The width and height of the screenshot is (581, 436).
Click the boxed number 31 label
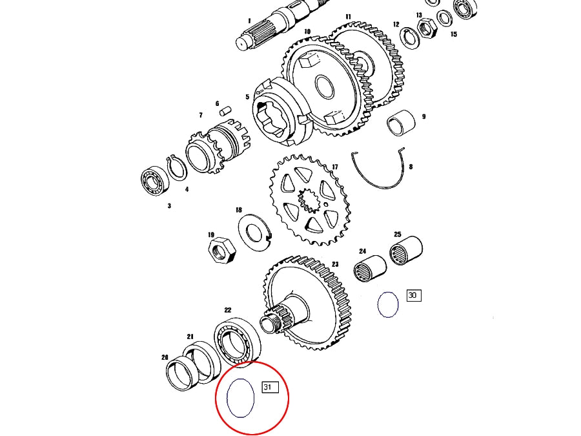click(269, 388)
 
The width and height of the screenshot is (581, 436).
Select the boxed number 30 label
click(413, 296)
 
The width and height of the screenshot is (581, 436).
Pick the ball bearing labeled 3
click(155, 181)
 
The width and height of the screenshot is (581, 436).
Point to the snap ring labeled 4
click(176, 171)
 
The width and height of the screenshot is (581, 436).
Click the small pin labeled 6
click(226, 111)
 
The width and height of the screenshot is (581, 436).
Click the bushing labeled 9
click(400, 123)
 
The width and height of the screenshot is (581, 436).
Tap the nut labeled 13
click(427, 26)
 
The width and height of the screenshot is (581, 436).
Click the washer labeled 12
click(410, 37)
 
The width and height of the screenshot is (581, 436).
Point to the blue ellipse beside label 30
click(388, 305)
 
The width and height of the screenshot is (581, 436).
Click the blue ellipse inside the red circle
click(241, 397)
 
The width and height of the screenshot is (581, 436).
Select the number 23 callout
click(335, 264)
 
